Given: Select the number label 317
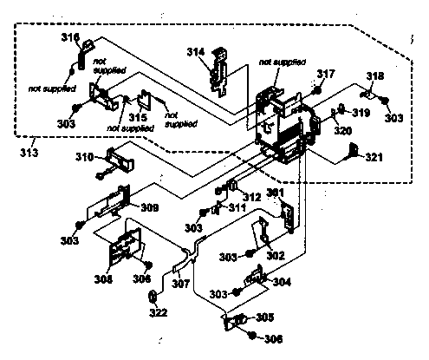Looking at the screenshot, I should [326, 75].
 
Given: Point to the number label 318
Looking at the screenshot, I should [374, 76].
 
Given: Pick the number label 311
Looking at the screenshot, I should [237, 209].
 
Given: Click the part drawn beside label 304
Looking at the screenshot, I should [257, 278].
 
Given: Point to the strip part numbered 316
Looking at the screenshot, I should [82, 56].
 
